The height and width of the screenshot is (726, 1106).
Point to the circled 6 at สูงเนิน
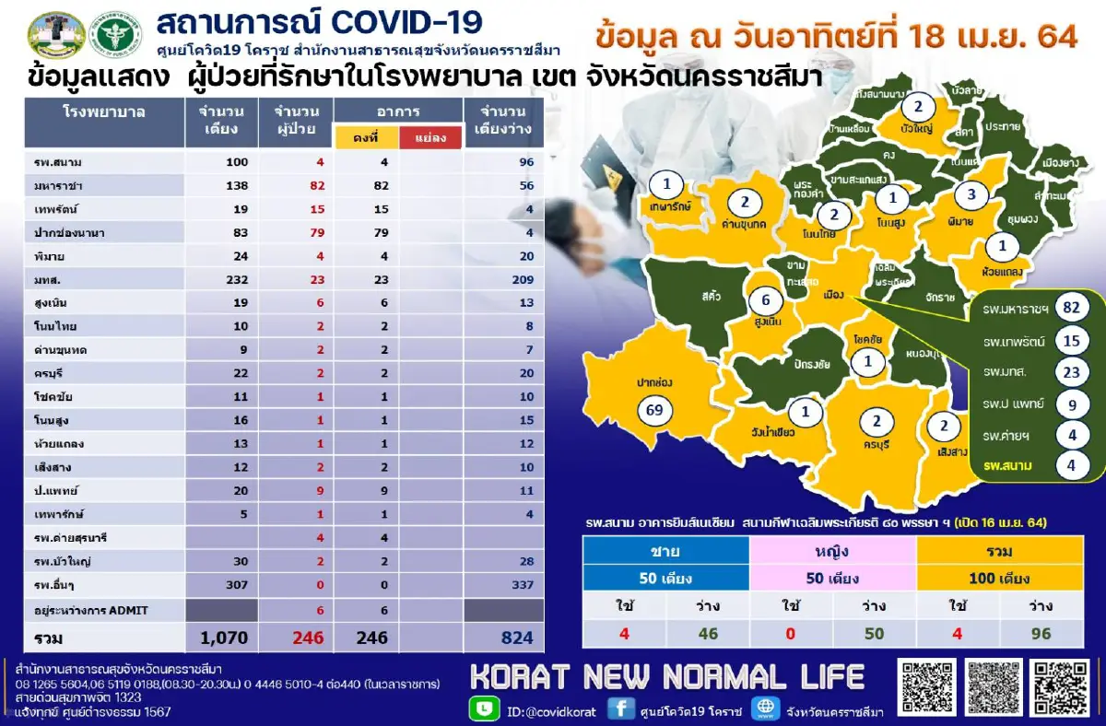(x=764, y=300)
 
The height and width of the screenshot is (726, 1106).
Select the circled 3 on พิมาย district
(x=971, y=194)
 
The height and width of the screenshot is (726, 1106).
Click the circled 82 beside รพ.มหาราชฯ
(x=1070, y=308)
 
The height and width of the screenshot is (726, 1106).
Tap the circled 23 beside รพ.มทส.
(x=1070, y=372)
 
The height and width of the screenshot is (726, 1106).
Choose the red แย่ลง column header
(x=429, y=138)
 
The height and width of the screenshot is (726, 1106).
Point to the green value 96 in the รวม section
(x=1040, y=634)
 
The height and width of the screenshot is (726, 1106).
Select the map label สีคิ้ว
(x=710, y=297)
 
